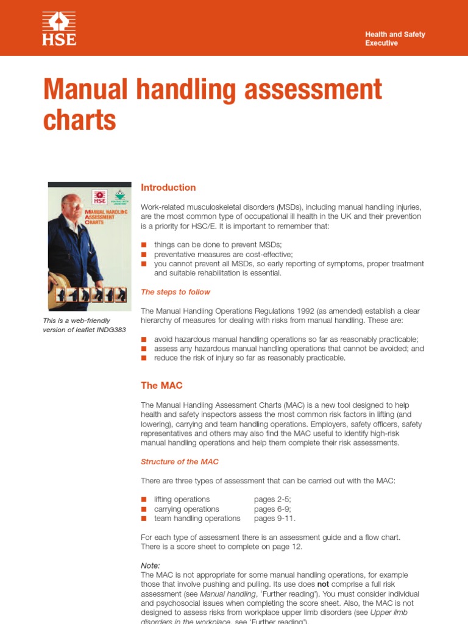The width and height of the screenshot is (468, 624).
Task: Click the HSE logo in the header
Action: click(x=59, y=29)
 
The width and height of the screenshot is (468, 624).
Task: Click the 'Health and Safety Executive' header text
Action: click(x=395, y=39)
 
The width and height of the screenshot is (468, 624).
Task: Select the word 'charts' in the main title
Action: click(x=79, y=120)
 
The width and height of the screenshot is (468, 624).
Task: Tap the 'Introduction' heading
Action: click(x=168, y=188)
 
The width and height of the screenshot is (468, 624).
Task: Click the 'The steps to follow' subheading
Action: click(x=175, y=292)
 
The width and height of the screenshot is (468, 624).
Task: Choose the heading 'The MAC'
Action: click(x=161, y=385)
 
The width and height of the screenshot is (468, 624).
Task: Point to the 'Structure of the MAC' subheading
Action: click(x=180, y=461)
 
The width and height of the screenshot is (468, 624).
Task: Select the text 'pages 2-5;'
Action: click(x=272, y=499)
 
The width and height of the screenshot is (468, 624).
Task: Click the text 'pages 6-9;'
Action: click(x=272, y=509)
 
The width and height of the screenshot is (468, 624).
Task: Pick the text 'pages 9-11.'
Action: click(x=275, y=519)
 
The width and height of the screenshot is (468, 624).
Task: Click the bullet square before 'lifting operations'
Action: click(x=144, y=500)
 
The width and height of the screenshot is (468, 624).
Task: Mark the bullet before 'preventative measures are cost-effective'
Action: click(x=144, y=255)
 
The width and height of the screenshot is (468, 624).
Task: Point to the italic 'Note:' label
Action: click(x=151, y=565)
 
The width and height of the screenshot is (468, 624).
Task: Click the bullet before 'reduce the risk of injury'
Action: click(x=144, y=358)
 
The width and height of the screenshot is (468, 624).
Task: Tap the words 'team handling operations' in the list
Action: click(x=197, y=519)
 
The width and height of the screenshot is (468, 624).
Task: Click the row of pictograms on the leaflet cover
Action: click(x=90, y=296)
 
